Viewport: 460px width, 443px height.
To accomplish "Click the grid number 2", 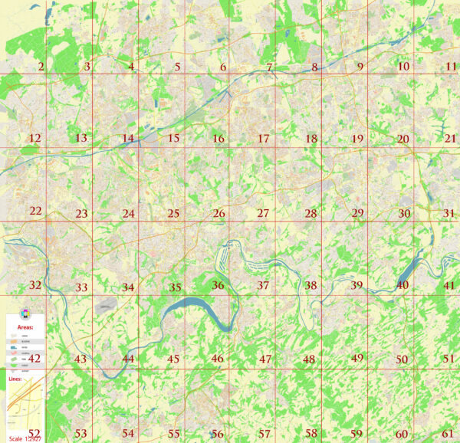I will coord(41,67).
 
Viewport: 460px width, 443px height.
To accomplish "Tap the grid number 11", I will coord(451,67).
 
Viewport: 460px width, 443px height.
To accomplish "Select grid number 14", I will coord(127,139).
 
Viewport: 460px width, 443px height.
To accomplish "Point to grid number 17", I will coord(264,139).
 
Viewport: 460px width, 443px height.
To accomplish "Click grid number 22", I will coord(35,211).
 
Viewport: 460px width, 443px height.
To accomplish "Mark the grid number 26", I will coord(219,213).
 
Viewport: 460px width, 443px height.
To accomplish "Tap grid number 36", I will coord(219,285).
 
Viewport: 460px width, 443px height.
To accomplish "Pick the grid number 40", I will coord(402,285).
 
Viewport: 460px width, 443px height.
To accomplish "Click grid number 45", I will coord(173,359).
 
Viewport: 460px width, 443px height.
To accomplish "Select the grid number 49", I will coord(357,358).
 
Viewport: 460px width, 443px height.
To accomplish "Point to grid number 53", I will coord(80,434).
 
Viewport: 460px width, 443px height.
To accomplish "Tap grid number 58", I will coord(310,433).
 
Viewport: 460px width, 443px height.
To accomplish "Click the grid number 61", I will coord(449,434).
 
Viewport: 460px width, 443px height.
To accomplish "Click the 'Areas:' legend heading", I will coord(25,327).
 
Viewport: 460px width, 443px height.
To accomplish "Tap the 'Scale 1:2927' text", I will coord(23,438).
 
